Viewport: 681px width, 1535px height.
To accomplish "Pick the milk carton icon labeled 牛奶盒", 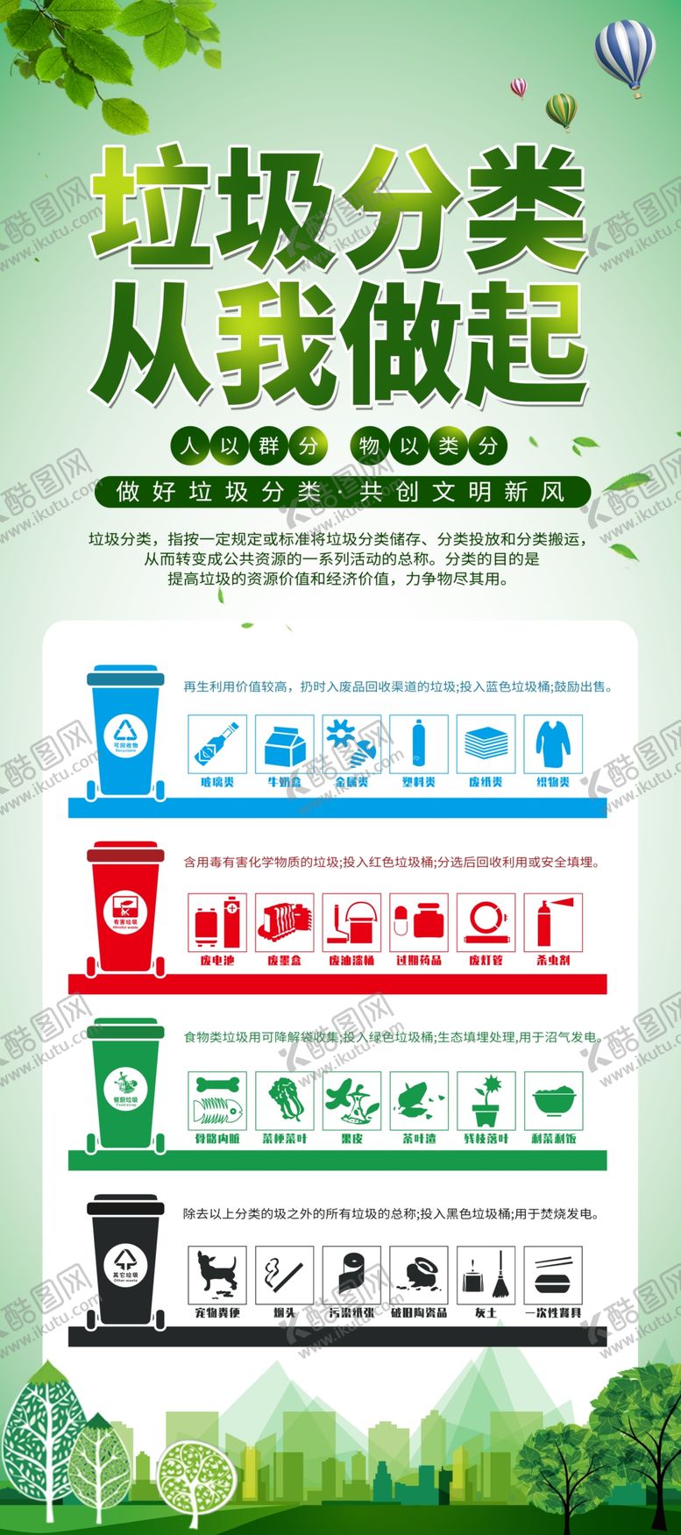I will pos(284,743).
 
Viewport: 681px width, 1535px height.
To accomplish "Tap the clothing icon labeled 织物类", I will pos(552,743).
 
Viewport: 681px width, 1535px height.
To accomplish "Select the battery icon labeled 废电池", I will pos(217,922).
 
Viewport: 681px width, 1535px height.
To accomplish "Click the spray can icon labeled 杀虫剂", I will pos(552,922).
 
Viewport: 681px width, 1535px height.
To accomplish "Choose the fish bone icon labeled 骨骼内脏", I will pos(217,1100).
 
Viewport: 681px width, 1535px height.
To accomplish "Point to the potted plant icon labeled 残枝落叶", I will pos(486,1100).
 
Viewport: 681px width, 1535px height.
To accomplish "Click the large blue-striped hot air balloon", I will pos(624,53).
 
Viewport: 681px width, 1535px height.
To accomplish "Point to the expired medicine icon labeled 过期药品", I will pos(418,922).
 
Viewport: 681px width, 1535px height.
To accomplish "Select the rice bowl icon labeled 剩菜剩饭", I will pos(552,1100).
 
